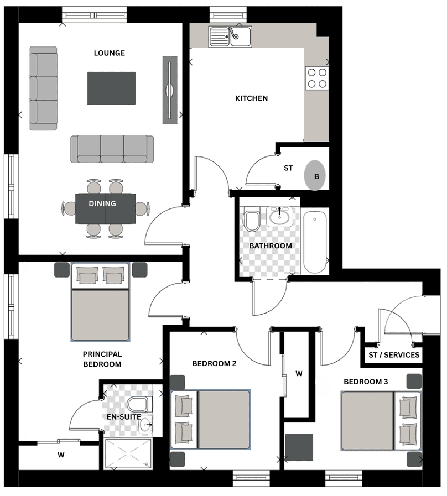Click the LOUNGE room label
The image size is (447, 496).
pos(109,53)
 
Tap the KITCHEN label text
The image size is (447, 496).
pos(251,98)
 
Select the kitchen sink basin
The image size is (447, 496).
pos(230,36)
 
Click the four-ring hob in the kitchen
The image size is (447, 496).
pos(317,78)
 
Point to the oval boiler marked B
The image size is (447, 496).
pos(315,175)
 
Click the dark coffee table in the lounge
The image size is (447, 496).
pos(111,88)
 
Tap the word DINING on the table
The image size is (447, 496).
pos(102,203)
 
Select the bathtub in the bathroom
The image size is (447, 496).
pos(315,242)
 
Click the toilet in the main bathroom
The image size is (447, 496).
pos(252,219)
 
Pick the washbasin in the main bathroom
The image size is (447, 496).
pos(279,217)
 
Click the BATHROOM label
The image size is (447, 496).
pos(271,246)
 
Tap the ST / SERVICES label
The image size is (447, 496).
pos(394,355)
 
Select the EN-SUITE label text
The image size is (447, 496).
pos(124,417)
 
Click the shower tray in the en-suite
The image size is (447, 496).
pos(128,453)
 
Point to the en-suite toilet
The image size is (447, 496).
pos(137,404)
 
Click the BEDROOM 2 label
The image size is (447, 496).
pos(214,363)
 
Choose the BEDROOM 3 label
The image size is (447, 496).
pos(366,382)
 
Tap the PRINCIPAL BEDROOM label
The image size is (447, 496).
pos(102,359)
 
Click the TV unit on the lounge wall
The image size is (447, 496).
pos(170,90)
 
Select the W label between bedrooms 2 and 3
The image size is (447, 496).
pos(299,374)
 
